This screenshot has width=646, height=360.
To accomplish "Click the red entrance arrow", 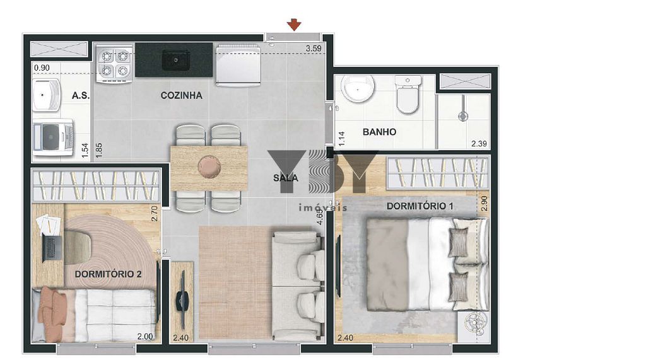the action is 294,25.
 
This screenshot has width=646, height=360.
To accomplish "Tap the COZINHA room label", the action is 181,96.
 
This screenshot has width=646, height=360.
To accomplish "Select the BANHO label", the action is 379,132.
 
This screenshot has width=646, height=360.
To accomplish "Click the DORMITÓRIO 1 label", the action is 420,206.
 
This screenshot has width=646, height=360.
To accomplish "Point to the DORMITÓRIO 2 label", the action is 108,274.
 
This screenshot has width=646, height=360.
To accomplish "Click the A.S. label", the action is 81,96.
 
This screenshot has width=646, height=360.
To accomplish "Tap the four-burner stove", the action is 114,64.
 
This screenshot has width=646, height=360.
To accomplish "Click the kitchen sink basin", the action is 175,60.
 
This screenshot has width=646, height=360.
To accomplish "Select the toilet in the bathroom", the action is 408,95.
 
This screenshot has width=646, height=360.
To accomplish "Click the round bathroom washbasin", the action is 358,88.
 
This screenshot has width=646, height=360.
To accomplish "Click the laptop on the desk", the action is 52,249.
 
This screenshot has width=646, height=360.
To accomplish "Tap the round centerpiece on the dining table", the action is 209,167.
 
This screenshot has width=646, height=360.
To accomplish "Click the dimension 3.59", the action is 314,48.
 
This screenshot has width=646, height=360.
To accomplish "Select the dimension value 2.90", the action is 484,204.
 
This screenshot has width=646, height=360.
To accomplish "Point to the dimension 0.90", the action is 42,67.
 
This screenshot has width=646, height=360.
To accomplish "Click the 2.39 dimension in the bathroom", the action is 479,144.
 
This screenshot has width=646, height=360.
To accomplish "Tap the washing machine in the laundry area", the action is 54,138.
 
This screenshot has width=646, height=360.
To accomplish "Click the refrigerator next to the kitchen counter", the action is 238,65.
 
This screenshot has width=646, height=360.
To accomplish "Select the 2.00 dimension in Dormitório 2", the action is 145,337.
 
